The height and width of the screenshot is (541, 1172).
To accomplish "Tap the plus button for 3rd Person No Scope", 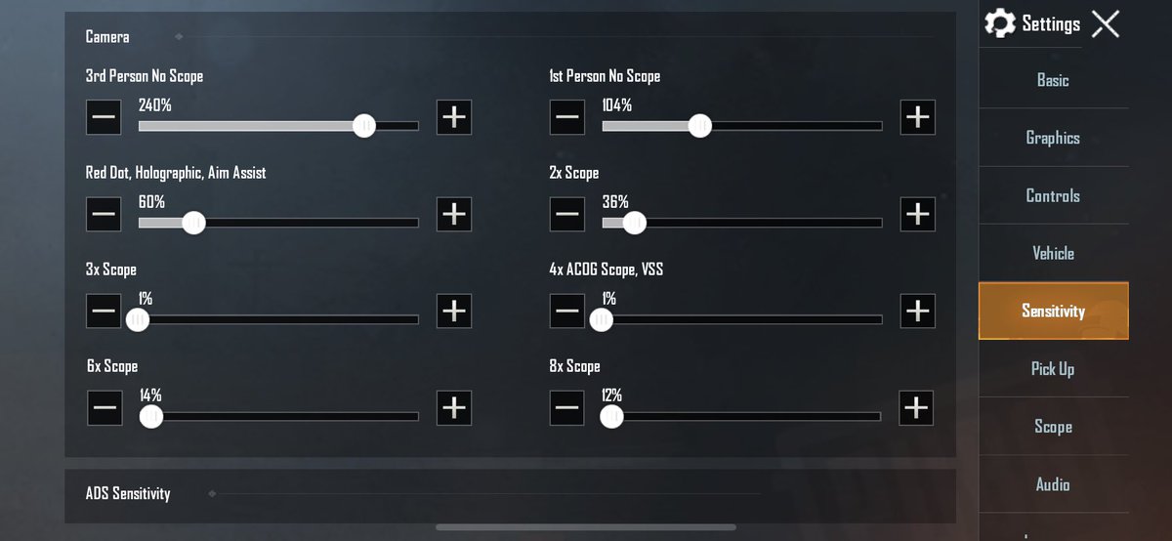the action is point(454,117).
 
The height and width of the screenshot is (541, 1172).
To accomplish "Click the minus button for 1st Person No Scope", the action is point(567,117).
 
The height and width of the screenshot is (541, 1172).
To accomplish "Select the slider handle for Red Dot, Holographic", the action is point(194,223).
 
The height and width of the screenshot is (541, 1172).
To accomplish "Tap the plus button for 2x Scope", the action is point(918,214).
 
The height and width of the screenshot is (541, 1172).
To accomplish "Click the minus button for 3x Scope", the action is point(104,311).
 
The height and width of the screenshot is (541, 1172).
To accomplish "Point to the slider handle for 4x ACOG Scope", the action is point(602,319).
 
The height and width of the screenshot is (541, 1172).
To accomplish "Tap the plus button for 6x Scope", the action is point(454,407).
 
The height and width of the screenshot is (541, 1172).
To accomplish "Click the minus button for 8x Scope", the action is point(567,407).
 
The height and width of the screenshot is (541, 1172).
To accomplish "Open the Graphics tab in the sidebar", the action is point(1053,138).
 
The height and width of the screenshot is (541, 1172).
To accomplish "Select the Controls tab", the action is point(1053,195).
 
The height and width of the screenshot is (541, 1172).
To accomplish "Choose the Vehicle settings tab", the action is point(1053,253).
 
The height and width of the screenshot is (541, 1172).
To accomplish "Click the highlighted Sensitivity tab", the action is point(1053,311).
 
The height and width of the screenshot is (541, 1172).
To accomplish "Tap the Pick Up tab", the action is point(1053,369).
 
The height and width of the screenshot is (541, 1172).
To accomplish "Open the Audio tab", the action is point(1053,484).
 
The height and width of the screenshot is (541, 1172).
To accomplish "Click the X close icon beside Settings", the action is point(1106,24).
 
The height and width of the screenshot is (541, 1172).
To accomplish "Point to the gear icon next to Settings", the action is point(1000,23).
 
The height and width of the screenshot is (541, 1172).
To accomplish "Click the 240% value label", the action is point(155,105).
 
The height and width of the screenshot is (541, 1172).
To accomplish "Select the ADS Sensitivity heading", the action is point(128,493).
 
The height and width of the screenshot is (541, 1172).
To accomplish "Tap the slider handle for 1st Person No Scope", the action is point(700,126).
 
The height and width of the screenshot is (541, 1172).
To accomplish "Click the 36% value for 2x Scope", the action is point(615,202).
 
